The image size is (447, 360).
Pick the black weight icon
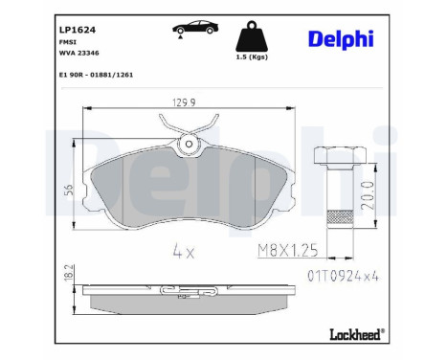point(251,39)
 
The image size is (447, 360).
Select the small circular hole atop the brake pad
point(190,145)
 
